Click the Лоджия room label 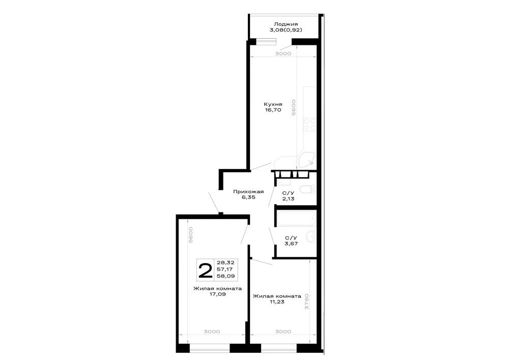click(286, 24)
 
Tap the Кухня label click(273, 104)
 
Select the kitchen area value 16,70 click(273, 110)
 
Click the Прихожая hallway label click(248, 191)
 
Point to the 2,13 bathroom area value click(288, 199)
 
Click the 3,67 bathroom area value click(291, 243)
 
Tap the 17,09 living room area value click(217, 294)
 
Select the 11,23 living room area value click(277, 301)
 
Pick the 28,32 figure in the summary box click(225, 263)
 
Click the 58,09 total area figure click(225, 276)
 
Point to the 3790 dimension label click(307, 301)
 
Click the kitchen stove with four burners click(309, 124)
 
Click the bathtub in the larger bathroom click(296, 218)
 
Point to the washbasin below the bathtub click(311, 237)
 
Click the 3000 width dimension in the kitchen click(283, 53)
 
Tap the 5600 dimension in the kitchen click(294, 107)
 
